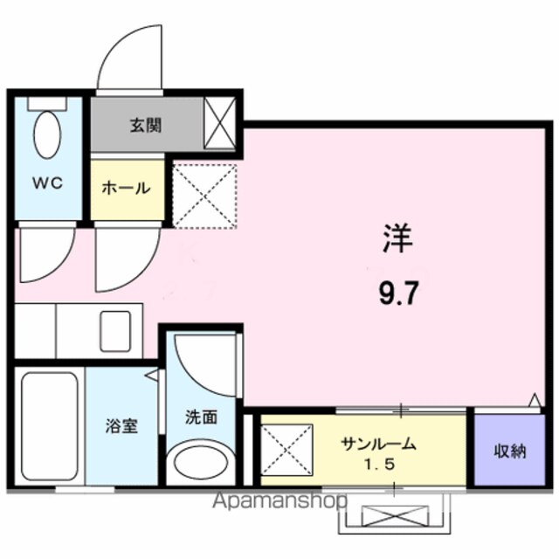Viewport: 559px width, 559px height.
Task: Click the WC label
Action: (x=48, y=183)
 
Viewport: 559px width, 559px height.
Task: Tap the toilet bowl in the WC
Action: (x=47, y=135)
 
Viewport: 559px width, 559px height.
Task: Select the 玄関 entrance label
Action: (x=146, y=126)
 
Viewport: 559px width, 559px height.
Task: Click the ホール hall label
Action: (x=126, y=188)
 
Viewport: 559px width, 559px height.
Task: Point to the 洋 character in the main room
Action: (x=398, y=238)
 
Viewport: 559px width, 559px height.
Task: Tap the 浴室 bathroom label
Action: (x=121, y=425)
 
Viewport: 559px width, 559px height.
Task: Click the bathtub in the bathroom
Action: (x=50, y=426)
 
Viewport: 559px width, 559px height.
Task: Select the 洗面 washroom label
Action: (x=201, y=417)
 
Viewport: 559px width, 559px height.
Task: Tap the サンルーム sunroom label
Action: (x=378, y=445)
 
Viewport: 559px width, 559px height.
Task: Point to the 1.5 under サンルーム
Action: (x=379, y=464)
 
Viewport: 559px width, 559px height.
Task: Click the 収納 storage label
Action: (x=510, y=452)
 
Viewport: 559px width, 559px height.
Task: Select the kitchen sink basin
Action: (x=115, y=331)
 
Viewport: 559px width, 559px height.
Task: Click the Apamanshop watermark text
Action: (x=279, y=501)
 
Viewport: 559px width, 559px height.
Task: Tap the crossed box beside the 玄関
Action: (x=219, y=122)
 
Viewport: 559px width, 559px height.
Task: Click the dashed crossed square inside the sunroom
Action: (x=286, y=450)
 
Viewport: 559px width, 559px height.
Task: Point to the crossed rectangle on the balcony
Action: (x=395, y=516)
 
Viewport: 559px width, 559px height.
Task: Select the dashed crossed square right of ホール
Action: (x=204, y=196)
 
